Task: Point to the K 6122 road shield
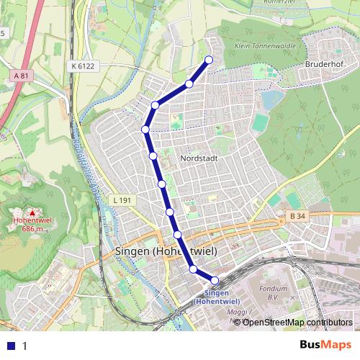click(x=84, y=66)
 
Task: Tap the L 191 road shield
click(x=124, y=199)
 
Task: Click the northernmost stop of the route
click(x=209, y=60)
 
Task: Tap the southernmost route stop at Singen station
click(x=214, y=280)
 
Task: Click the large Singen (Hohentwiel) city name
click(x=166, y=251)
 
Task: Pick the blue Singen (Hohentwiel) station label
click(x=217, y=297)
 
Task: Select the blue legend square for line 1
click(x=12, y=345)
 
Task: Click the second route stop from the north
click(x=189, y=84)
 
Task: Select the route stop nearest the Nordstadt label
click(x=153, y=156)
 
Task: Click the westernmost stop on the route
click(x=145, y=130)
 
